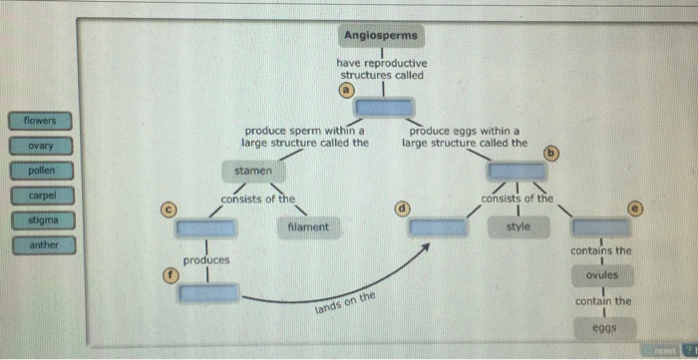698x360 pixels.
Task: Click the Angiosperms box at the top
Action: pos(383,36)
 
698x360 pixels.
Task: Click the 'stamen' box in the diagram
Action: pos(252,172)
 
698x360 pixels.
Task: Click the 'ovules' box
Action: pos(602,273)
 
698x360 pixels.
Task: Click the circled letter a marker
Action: pos(345,89)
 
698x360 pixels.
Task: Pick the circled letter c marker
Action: pos(170,208)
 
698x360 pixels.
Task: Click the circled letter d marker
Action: pos(402,208)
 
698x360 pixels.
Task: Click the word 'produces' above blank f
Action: pos(206,259)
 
